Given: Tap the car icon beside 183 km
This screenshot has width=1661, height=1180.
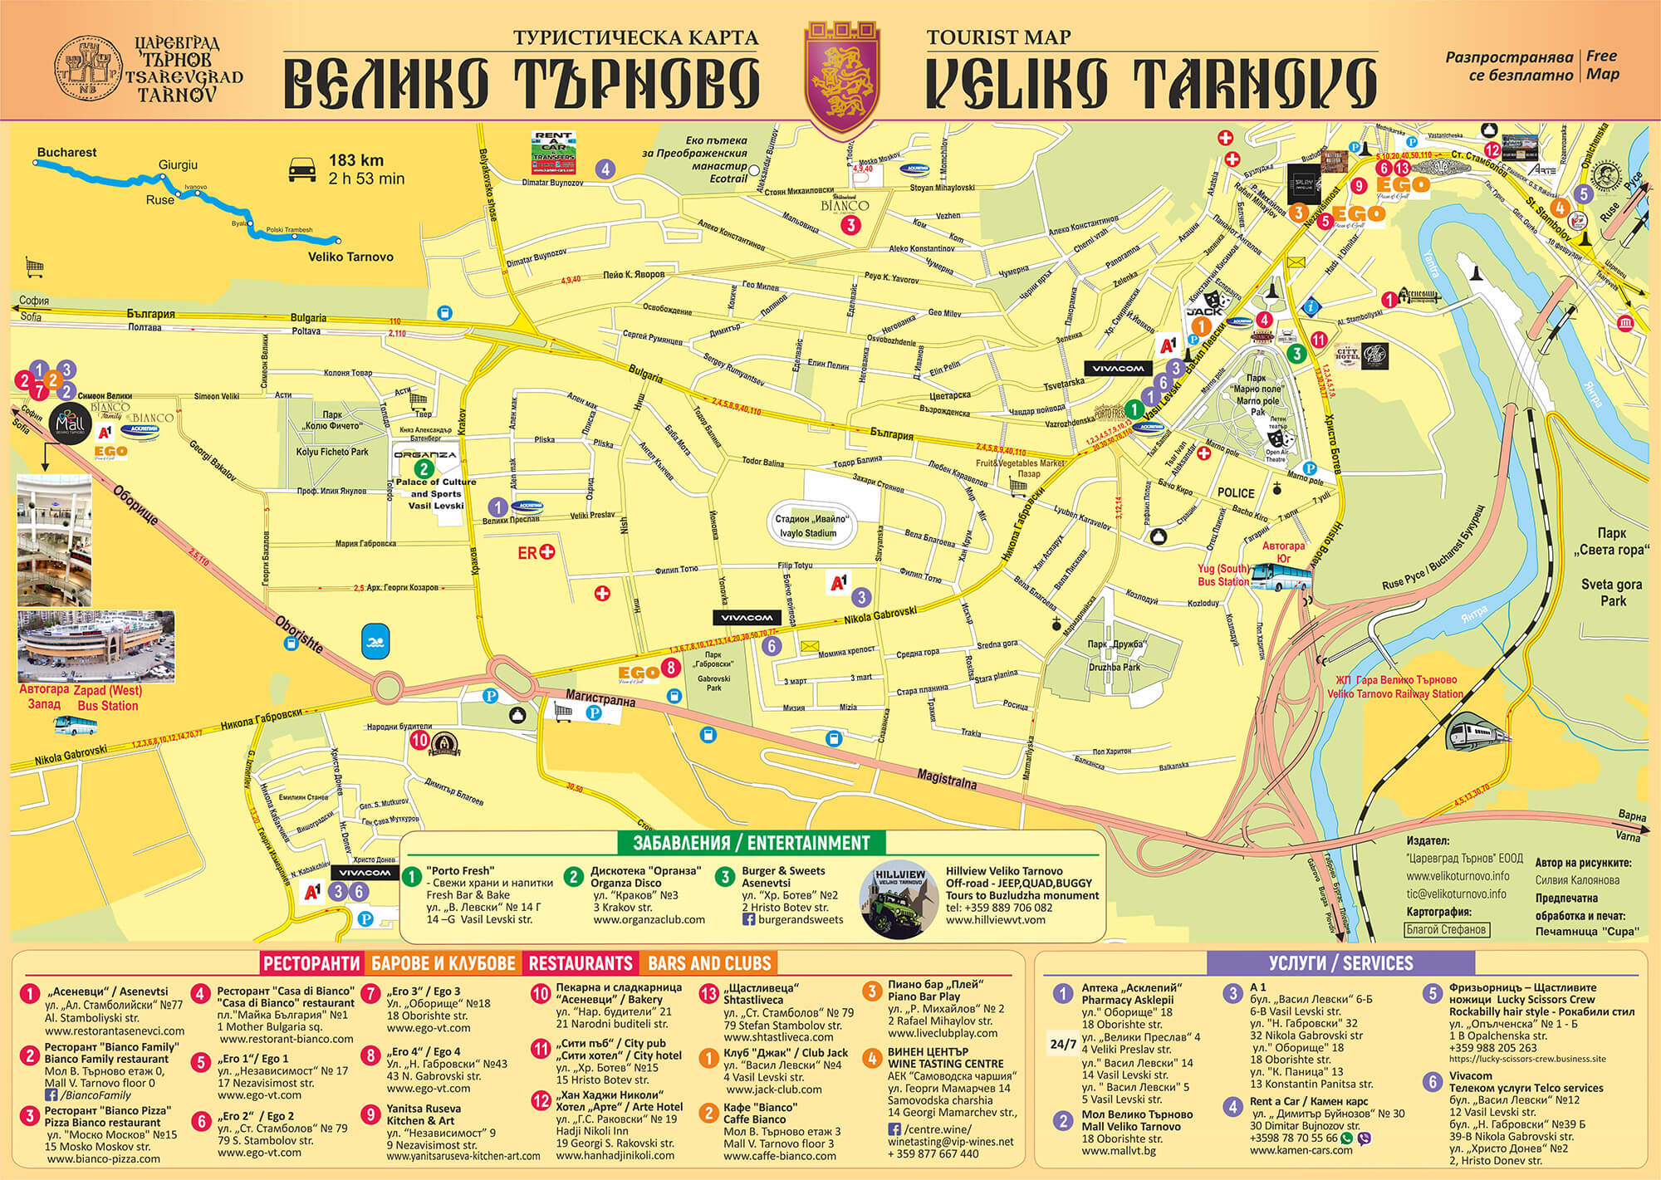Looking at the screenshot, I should click(x=302, y=170).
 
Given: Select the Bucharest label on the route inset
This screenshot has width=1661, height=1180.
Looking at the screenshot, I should click(x=66, y=152).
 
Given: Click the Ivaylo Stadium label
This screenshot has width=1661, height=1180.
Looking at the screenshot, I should click(x=808, y=533).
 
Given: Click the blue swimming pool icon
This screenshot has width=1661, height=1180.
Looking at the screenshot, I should click(x=375, y=642).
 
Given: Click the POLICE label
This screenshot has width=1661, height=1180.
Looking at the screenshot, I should click(x=1236, y=492).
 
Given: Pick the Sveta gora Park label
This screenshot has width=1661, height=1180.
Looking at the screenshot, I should click(x=1611, y=591).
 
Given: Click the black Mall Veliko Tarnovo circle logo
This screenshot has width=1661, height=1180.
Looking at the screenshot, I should click(x=71, y=424).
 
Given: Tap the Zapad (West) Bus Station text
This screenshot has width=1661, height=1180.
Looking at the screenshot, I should click(x=108, y=698).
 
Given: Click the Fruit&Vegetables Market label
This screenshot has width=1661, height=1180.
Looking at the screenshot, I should click(x=1020, y=463).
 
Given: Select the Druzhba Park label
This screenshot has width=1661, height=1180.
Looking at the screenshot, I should click(x=1115, y=667).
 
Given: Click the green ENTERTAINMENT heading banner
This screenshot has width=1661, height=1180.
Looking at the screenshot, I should click(x=752, y=843).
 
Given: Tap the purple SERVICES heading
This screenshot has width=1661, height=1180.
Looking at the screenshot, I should click(x=1340, y=963).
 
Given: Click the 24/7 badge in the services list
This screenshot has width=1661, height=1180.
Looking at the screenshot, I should click(x=1063, y=1044).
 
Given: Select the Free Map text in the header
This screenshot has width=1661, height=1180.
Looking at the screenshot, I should click(x=1602, y=65).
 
